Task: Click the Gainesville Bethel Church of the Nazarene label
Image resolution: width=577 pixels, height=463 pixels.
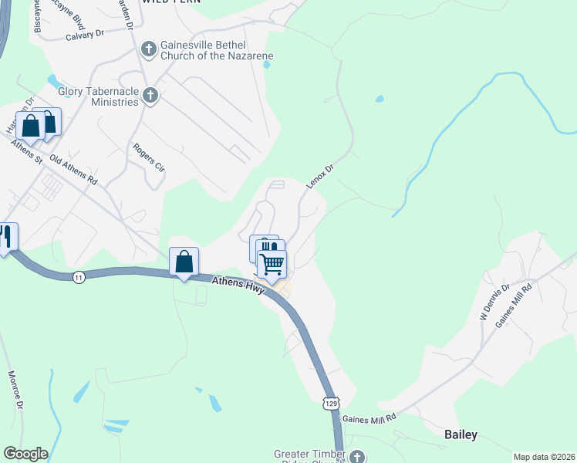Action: coord(216,51)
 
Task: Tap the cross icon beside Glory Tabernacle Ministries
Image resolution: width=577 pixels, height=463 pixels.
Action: coord(150,96)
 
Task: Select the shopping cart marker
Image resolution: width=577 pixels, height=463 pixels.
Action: coord(272,264)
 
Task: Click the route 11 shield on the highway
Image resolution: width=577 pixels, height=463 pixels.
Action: coord(79,277)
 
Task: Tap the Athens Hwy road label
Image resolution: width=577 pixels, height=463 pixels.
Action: coord(238,286)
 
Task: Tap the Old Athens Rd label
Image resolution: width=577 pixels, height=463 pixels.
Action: coord(73,169)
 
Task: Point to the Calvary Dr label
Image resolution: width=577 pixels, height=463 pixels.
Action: coord(84,35)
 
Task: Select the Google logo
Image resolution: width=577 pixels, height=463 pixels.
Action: coord(25,454)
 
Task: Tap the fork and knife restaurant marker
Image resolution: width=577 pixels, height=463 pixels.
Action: coord(5,236)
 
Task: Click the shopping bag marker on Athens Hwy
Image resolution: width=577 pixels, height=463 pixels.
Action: coord(184,262)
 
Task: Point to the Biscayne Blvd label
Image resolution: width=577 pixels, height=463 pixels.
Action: coord(37,15)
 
